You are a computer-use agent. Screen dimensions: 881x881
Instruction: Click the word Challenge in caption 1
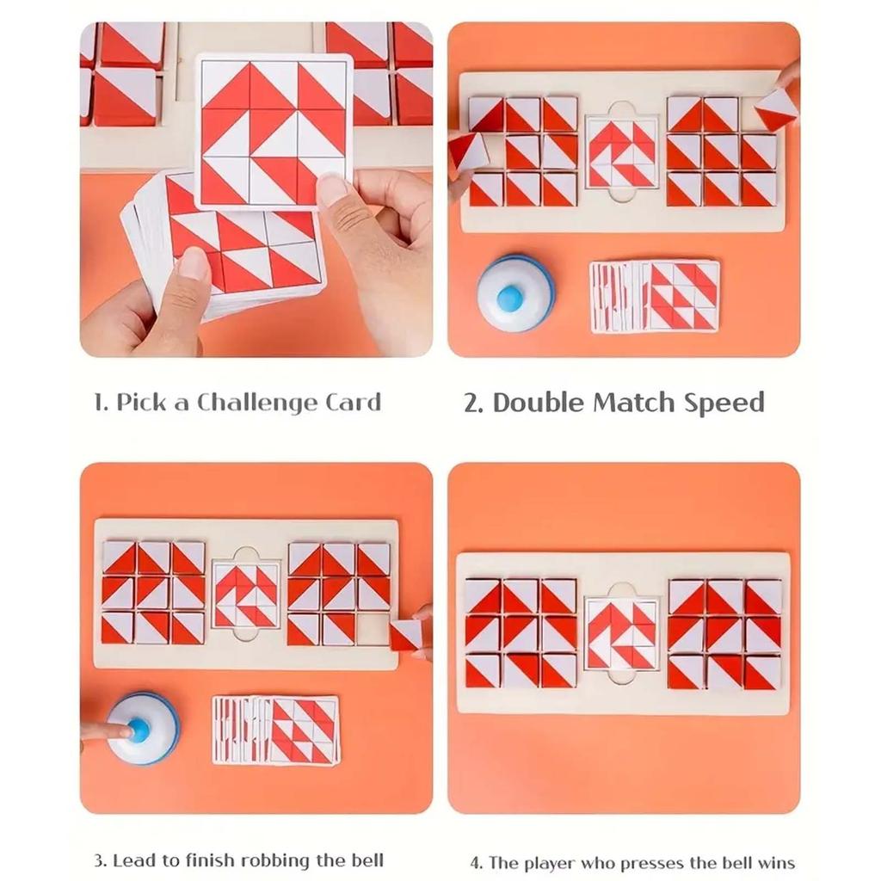pyautogui.click(x=257, y=403)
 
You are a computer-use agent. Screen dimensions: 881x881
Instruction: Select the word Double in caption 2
pyautogui.click(x=539, y=403)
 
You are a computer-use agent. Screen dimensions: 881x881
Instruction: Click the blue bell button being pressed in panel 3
pyautogui.click(x=139, y=730)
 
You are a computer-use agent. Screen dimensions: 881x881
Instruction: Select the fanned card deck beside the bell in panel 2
pyautogui.click(x=655, y=296)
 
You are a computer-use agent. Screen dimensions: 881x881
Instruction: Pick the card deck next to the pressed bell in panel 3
pyautogui.click(x=276, y=730)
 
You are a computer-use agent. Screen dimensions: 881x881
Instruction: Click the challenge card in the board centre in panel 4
pyautogui.click(x=621, y=634)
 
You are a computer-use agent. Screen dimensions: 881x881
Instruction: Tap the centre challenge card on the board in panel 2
pyautogui.click(x=621, y=153)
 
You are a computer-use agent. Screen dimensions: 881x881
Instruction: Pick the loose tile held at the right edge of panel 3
pyautogui.click(x=409, y=634)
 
